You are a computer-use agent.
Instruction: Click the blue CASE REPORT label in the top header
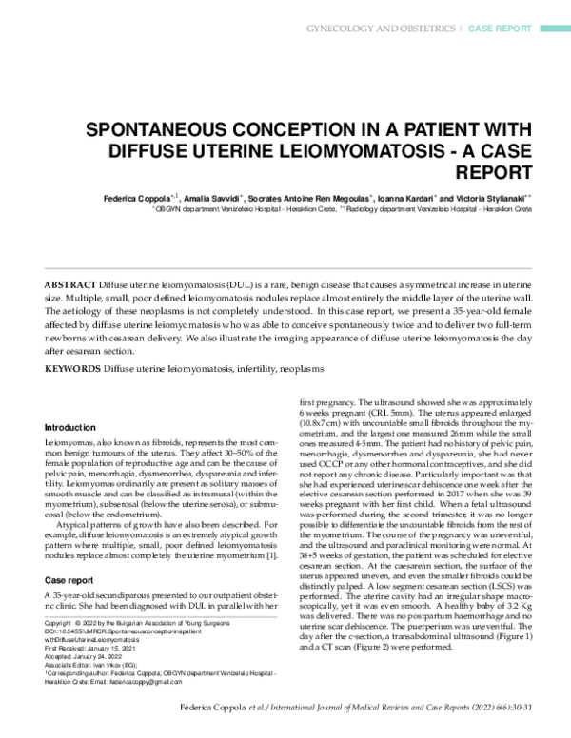pos(506,29)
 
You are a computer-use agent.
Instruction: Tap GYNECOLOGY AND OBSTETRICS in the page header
pos(381,29)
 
